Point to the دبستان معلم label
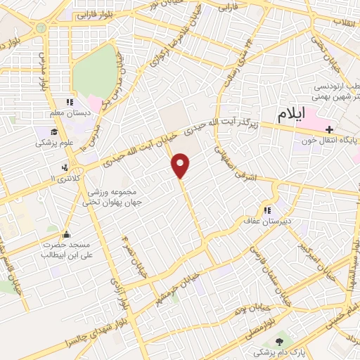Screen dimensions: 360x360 (x=66, y=113)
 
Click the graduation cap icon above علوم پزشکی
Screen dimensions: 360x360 (x=54, y=131)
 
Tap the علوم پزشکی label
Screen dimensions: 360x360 (x=51, y=143)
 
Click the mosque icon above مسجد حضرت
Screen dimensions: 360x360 (x=67, y=234)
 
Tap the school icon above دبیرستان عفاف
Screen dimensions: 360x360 (x=267, y=210)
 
